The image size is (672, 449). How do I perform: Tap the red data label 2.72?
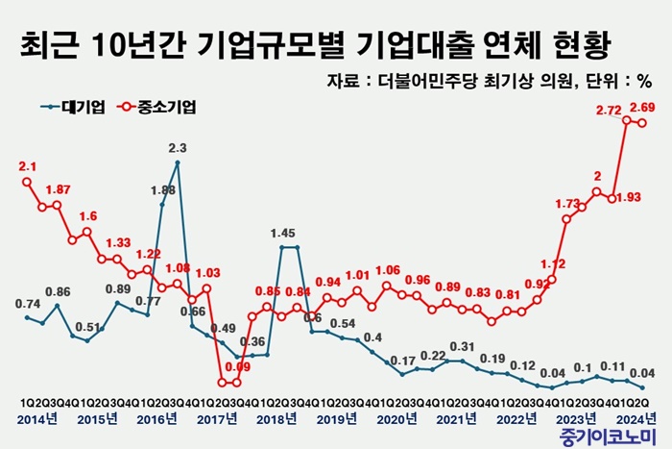pos(608,111)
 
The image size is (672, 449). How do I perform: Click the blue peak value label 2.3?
pos(178,148)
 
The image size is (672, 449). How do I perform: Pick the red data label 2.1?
pos(27,166)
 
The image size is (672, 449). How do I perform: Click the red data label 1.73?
pos(569,205)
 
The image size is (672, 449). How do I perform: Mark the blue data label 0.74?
pos(27,304)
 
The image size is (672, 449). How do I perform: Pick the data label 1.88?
pos(161,190)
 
